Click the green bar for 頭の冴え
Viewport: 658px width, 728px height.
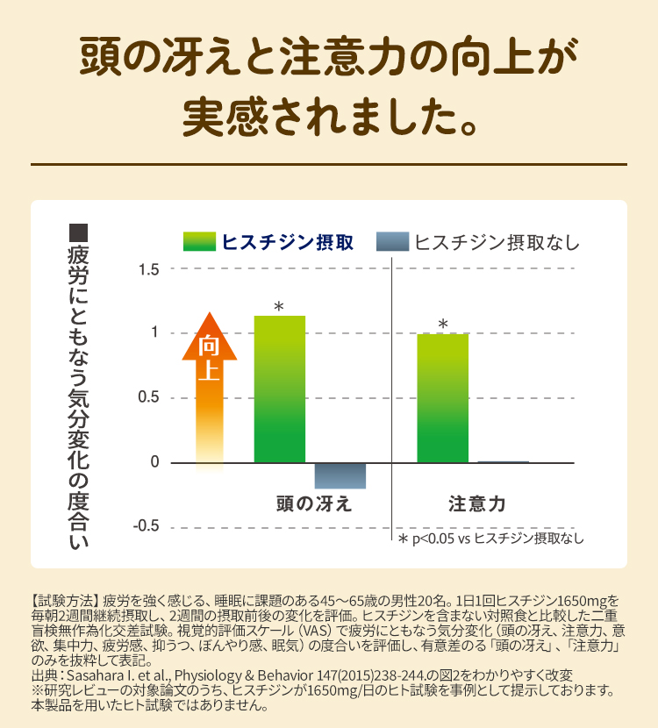[x=279, y=389]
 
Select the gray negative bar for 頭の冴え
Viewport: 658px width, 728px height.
[x=340, y=475]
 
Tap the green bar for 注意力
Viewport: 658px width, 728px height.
[x=442, y=398]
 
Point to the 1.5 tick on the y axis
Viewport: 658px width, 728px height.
[x=149, y=268]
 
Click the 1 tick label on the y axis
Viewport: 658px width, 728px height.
[x=154, y=332]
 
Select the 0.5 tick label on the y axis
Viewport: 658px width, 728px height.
[x=149, y=397]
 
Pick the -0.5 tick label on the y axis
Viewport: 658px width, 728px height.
[x=147, y=526]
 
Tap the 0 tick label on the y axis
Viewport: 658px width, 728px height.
[x=154, y=462]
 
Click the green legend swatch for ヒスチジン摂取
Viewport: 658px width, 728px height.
[x=198, y=241]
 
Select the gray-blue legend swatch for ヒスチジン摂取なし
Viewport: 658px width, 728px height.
[x=392, y=241]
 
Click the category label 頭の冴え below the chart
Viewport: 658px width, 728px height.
[x=313, y=503]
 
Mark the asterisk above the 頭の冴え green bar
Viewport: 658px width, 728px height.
[x=279, y=307]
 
